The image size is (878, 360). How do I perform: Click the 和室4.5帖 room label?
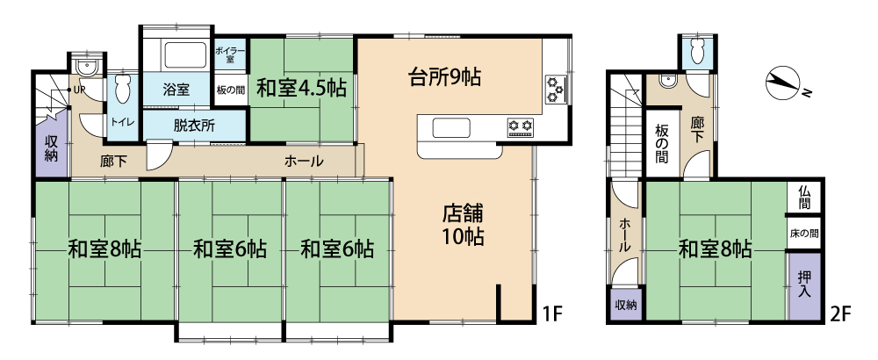[301, 89]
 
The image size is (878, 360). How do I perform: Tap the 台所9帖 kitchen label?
[443, 76]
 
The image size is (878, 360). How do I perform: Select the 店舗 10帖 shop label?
[463, 225]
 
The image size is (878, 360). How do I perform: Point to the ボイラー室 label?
[229, 54]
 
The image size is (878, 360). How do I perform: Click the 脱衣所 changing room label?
[194, 126]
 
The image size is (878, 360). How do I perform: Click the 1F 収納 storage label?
[51, 148]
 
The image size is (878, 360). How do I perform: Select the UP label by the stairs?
[78, 90]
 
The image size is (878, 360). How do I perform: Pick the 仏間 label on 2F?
[804, 197]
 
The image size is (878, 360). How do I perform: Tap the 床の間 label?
[804, 233]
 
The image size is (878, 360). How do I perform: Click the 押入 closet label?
[804, 284]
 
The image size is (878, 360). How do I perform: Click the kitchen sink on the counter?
[446, 127]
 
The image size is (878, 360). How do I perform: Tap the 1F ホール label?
[304, 162]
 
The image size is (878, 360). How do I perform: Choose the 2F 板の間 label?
[661, 144]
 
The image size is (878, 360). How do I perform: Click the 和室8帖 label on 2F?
[715, 249]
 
